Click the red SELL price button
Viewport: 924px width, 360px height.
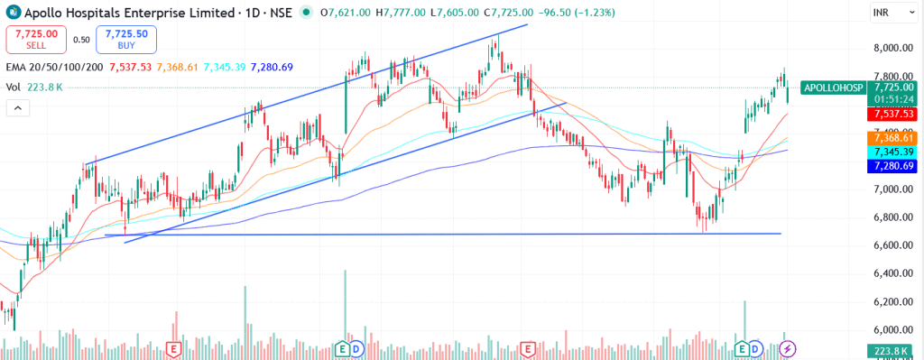pos(37,39)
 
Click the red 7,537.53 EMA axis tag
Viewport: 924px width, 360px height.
pos(890,115)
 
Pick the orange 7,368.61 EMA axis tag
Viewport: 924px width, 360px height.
pos(890,137)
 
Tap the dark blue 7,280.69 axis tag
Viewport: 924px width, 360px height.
pos(890,166)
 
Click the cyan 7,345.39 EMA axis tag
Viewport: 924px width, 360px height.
pos(890,152)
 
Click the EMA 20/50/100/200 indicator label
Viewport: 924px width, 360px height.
pos(53,67)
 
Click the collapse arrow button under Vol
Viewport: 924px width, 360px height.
pos(18,108)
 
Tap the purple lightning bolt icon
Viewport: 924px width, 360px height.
pos(789,348)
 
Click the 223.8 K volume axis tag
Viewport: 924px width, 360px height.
pos(890,351)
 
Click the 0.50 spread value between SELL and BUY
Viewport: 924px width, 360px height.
pos(81,40)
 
